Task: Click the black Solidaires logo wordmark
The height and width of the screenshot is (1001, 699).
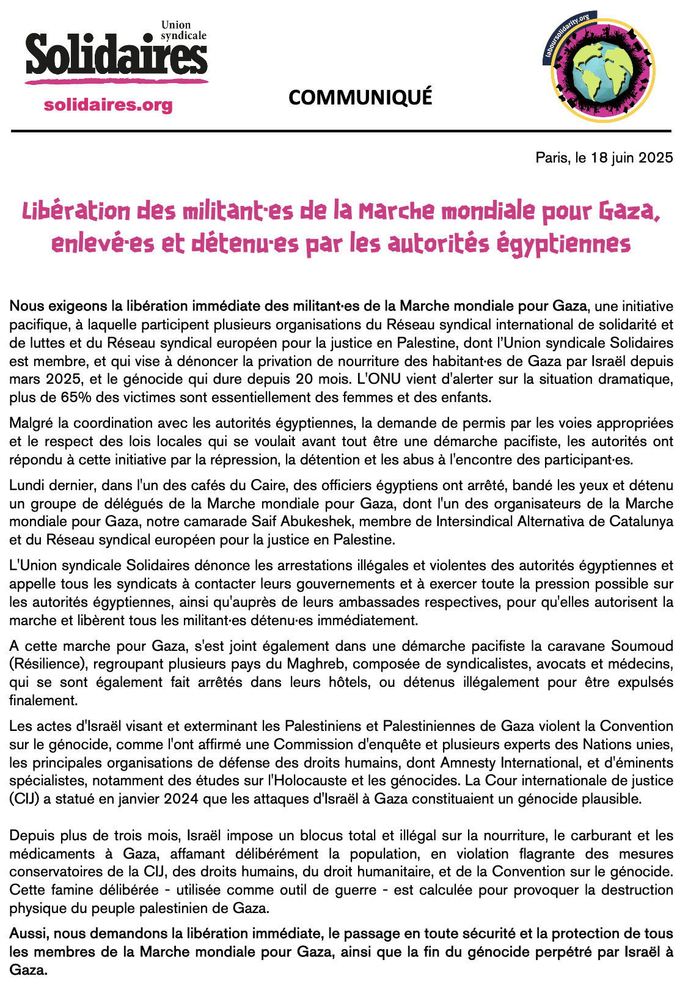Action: click(116, 56)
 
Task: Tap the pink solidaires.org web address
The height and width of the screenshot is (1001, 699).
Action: click(108, 105)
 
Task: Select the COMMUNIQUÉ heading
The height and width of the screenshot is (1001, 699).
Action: click(360, 97)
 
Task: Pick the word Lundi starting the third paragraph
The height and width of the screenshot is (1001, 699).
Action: click(26, 485)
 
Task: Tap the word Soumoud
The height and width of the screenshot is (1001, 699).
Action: click(642, 646)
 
